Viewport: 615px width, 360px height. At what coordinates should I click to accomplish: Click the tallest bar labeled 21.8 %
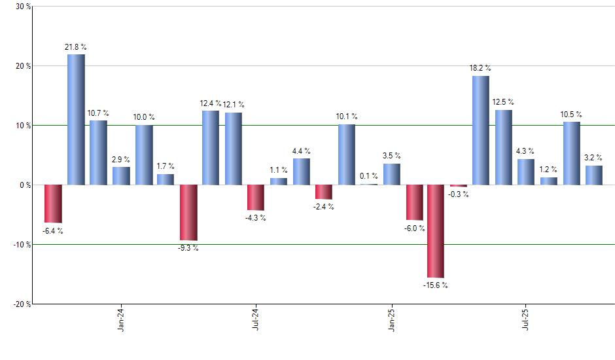[x=76, y=119]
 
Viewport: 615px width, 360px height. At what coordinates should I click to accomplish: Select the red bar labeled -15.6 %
[x=436, y=231]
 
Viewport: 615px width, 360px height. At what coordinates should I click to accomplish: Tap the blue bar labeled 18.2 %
[x=481, y=130]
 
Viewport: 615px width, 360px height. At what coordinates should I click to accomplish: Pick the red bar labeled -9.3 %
[x=188, y=213]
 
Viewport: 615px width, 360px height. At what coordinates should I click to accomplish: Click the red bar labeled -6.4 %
[x=53, y=204]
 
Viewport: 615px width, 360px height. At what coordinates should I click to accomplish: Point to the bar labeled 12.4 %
[x=211, y=148]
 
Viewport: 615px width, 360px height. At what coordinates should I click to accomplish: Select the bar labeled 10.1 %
[x=347, y=154]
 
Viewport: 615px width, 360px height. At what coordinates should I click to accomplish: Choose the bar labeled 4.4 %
[x=302, y=171]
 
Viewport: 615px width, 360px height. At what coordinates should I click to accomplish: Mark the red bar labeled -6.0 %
[x=414, y=202]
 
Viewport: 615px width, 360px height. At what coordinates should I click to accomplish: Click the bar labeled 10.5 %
[x=572, y=153]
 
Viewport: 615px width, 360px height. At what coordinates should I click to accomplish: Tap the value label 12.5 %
[x=503, y=102]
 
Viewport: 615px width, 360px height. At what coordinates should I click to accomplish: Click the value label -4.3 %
[x=256, y=218]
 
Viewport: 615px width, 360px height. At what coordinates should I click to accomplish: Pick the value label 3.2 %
[x=594, y=157]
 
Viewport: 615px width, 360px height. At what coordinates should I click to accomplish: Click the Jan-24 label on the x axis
[x=121, y=320]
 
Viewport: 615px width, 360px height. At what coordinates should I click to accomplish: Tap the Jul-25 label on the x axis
[x=525, y=320]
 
